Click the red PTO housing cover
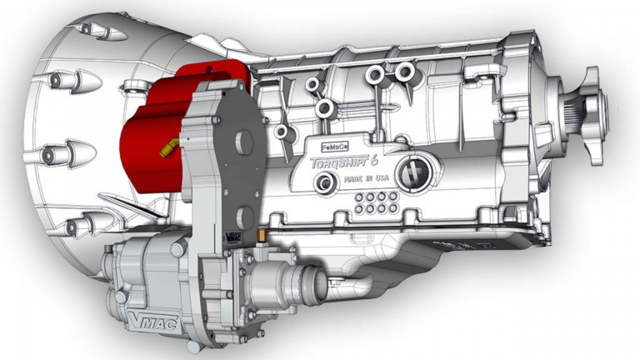pos(150,142)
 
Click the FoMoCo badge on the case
pos(333,144)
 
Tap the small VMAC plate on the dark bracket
pos(233,237)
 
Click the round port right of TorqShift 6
pos(410,171)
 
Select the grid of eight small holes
pos(374,201)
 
